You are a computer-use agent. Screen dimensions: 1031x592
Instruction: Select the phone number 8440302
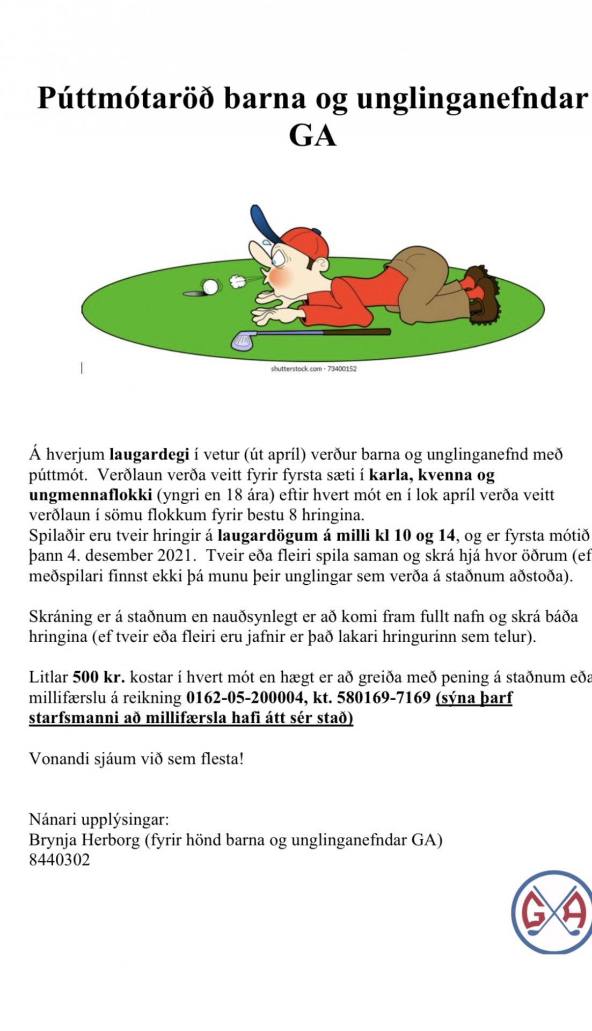point(60,860)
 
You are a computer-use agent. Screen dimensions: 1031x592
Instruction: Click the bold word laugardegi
point(149,454)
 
